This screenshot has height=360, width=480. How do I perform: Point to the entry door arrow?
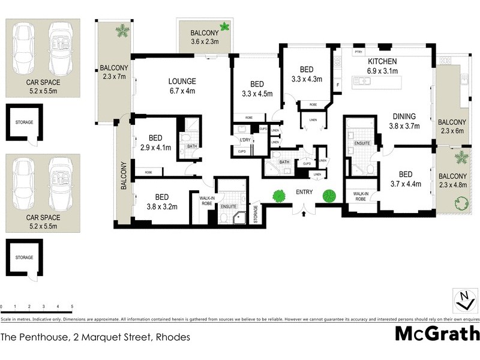click(304, 211)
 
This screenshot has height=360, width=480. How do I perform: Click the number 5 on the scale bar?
click(72, 307)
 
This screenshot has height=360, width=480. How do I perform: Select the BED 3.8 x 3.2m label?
click(161, 201)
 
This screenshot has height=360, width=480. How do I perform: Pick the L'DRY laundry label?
click(245, 140)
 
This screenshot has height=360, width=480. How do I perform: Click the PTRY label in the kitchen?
click(359, 52)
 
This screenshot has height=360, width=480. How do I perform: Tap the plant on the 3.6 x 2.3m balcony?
click(224, 26)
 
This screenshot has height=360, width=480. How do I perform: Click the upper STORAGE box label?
click(24, 122)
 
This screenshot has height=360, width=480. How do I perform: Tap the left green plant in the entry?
click(278, 196)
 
